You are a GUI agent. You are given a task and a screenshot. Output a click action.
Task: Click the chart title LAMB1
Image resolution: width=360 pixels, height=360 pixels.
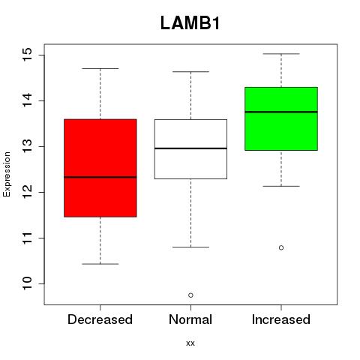click(x=190, y=23)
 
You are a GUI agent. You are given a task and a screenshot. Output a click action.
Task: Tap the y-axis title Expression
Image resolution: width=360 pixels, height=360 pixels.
click(x=7, y=174)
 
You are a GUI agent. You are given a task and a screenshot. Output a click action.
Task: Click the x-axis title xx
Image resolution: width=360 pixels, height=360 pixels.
click(x=190, y=343)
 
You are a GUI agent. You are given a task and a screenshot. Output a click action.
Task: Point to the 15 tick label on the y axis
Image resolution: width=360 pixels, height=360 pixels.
click(x=28, y=55)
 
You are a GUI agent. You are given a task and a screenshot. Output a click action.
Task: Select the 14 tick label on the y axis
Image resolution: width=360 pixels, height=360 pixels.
click(x=28, y=100)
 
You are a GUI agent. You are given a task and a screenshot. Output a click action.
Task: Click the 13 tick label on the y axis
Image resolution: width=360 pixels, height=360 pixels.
click(x=28, y=146)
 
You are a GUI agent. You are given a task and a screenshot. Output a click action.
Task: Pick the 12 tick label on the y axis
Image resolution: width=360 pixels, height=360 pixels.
click(x=28, y=192)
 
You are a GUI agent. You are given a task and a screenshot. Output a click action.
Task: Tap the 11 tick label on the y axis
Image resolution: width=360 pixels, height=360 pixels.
click(x=28, y=238)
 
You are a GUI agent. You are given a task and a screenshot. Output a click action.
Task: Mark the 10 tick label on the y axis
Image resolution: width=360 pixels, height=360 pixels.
click(x=28, y=283)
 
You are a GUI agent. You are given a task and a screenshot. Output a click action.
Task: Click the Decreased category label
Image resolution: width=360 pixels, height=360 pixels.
click(x=100, y=319)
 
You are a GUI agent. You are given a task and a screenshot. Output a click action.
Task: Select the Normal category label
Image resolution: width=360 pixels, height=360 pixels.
click(x=190, y=319)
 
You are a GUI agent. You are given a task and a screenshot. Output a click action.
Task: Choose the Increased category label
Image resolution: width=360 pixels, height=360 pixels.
click(x=281, y=319)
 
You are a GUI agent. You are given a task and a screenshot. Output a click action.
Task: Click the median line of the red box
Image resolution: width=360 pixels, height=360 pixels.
click(x=100, y=177)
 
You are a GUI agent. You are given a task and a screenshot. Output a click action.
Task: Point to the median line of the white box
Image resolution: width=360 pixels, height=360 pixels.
click(x=190, y=148)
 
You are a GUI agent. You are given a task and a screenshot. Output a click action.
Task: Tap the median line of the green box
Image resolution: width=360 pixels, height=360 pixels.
click(x=281, y=112)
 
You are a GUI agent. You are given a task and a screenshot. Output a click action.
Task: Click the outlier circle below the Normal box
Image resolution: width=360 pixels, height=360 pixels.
click(x=190, y=295)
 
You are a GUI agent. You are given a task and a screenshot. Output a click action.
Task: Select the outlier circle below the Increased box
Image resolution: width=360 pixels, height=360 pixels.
click(x=281, y=247)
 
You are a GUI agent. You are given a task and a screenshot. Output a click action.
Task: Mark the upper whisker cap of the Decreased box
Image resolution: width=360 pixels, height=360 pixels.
click(x=100, y=68)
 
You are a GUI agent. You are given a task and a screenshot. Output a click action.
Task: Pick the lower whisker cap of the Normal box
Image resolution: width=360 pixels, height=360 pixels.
click(x=190, y=247)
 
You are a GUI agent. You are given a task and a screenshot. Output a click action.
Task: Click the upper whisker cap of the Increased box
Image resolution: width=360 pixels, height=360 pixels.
click(x=281, y=54)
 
